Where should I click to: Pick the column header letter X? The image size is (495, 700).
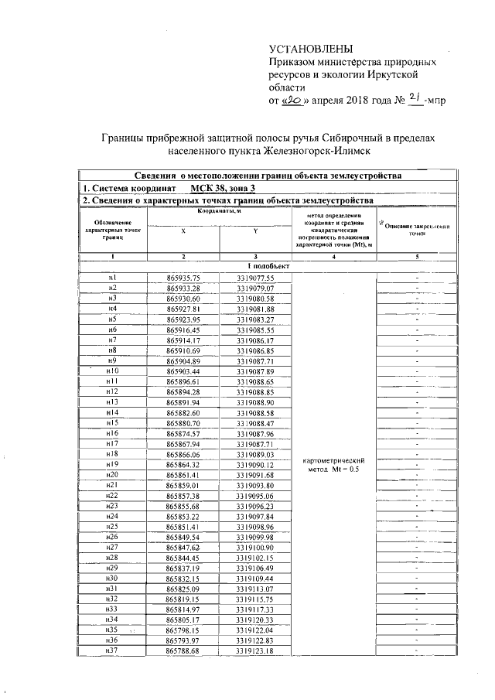pyautogui.click(x=183, y=230)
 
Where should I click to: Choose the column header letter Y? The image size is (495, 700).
pyautogui.click(x=255, y=230)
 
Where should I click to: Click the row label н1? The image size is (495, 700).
pyautogui.click(x=113, y=278)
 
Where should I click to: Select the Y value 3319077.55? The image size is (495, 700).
pyautogui.click(x=255, y=278)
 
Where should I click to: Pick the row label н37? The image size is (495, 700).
pyautogui.click(x=113, y=651)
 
